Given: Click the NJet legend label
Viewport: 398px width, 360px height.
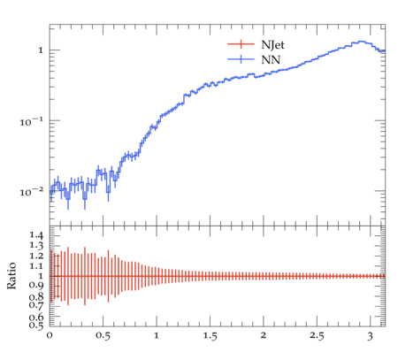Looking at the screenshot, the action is pyautogui.click(x=272, y=45).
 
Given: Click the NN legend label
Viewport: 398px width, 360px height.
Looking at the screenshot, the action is pyautogui.click(x=271, y=60).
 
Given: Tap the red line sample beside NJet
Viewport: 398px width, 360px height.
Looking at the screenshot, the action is pyautogui.click(x=241, y=44).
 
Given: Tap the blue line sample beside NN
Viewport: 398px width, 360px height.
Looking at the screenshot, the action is pyautogui.click(x=241, y=59).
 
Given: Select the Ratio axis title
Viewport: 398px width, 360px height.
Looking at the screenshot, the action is pyautogui.click(x=11, y=276).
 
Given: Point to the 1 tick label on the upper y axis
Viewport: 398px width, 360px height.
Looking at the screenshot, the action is pyautogui.click(x=41, y=50).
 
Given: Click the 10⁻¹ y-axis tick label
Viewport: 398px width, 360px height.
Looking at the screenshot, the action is pyautogui.click(x=32, y=121).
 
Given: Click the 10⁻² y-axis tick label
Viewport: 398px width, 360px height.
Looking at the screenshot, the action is pyautogui.click(x=32, y=192).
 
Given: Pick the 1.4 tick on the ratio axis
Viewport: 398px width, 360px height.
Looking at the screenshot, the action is pyautogui.click(x=36, y=235).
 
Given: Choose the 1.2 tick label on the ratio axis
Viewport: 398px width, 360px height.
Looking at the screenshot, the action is pyautogui.click(x=36, y=256).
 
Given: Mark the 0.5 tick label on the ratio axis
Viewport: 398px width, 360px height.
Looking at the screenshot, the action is pyautogui.click(x=36, y=326).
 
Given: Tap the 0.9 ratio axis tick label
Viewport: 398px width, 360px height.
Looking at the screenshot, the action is pyautogui.click(x=36, y=285).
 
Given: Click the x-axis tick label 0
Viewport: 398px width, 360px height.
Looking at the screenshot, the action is pyautogui.click(x=50, y=335).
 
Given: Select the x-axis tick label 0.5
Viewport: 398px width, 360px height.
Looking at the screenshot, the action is pyautogui.click(x=103, y=336).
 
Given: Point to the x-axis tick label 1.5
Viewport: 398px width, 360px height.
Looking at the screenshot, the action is pyautogui.click(x=210, y=336).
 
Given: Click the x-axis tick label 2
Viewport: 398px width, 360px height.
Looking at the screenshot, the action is pyautogui.click(x=264, y=335).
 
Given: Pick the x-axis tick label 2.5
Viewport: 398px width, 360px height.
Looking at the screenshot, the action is pyautogui.click(x=317, y=336).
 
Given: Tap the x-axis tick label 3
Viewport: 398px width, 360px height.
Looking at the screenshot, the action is pyautogui.click(x=371, y=336).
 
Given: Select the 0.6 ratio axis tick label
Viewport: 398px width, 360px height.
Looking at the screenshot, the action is pyautogui.click(x=36, y=317).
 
